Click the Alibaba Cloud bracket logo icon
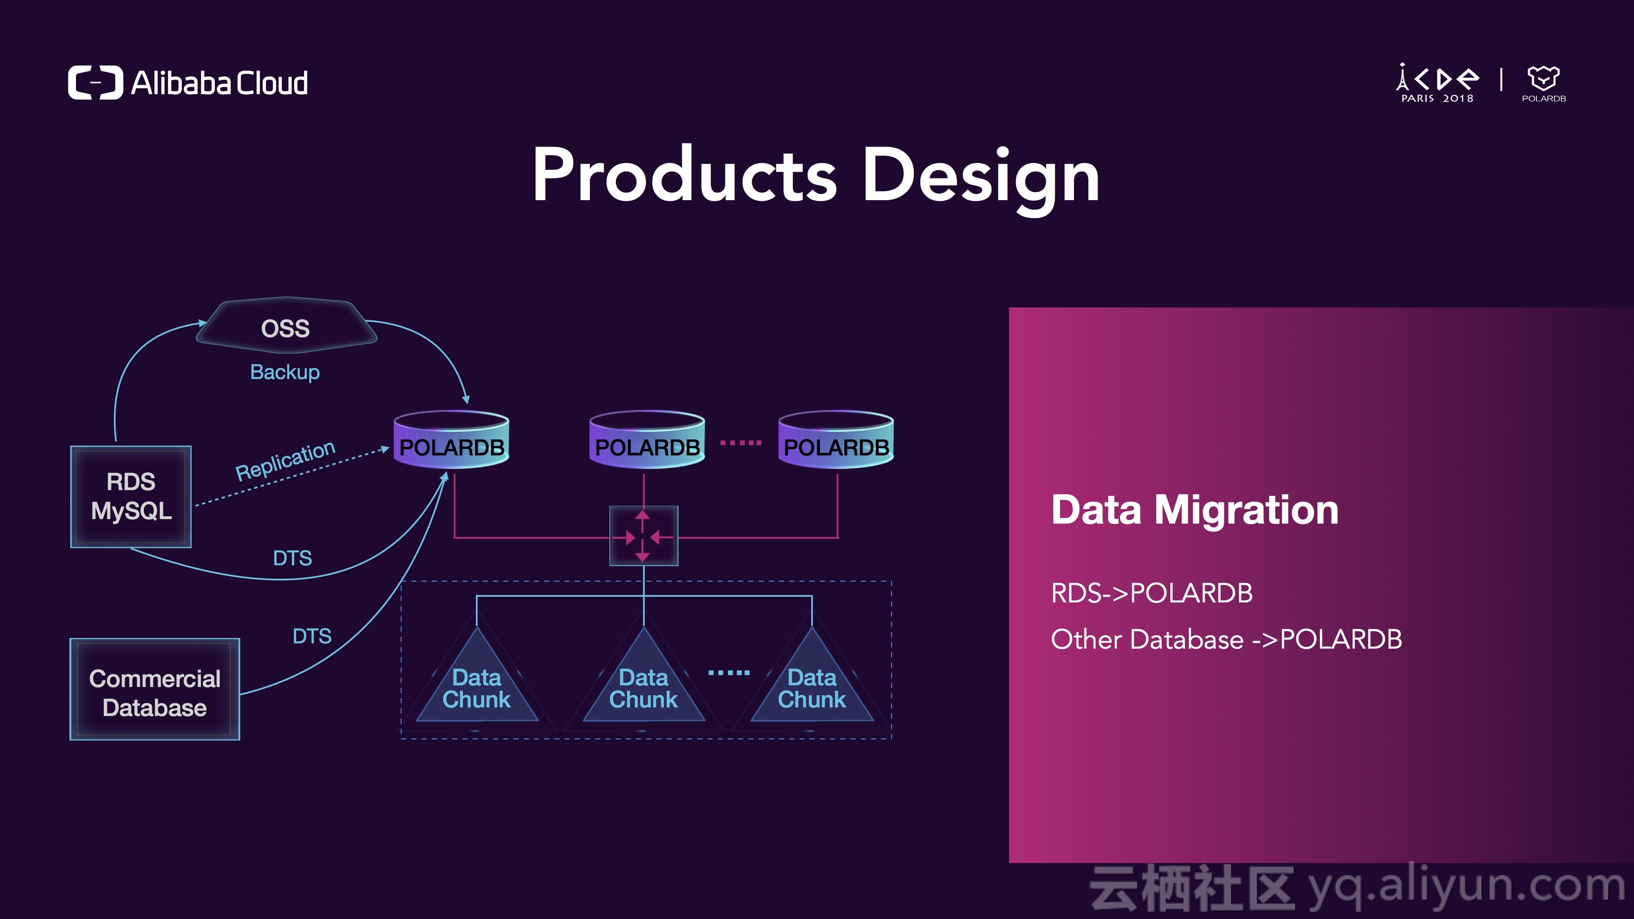coord(95,83)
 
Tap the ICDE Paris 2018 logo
coord(1438,83)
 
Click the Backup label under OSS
coord(285,372)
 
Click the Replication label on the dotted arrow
coord(285,460)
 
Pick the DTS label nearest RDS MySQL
coord(292,558)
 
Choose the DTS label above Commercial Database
coord(312,636)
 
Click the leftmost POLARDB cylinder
coord(452,439)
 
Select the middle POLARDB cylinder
coord(647,439)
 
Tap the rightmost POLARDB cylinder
coord(836,439)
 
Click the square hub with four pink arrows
coord(644,536)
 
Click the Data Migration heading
coord(1195,509)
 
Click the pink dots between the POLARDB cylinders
coord(741,443)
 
